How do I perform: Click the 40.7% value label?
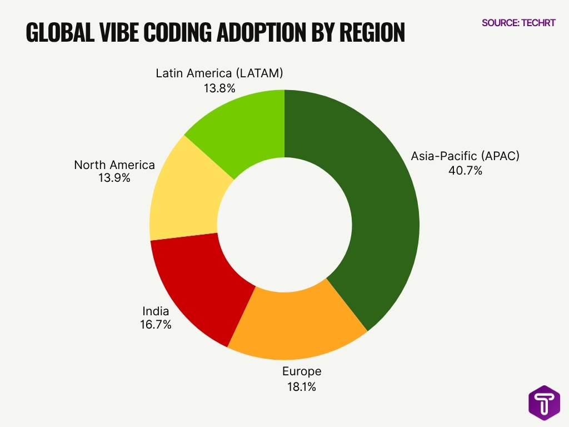click(x=465, y=171)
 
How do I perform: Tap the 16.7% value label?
click(x=156, y=325)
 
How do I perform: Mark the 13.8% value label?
click(x=219, y=88)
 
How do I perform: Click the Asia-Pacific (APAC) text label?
click(x=465, y=156)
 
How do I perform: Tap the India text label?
click(x=156, y=311)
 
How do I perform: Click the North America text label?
click(x=114, y=165)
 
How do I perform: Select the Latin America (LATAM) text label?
click(x=219, y=73)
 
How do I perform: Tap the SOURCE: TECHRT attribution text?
click(x=518, y=23)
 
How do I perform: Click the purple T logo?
click(x=544, y=403)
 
